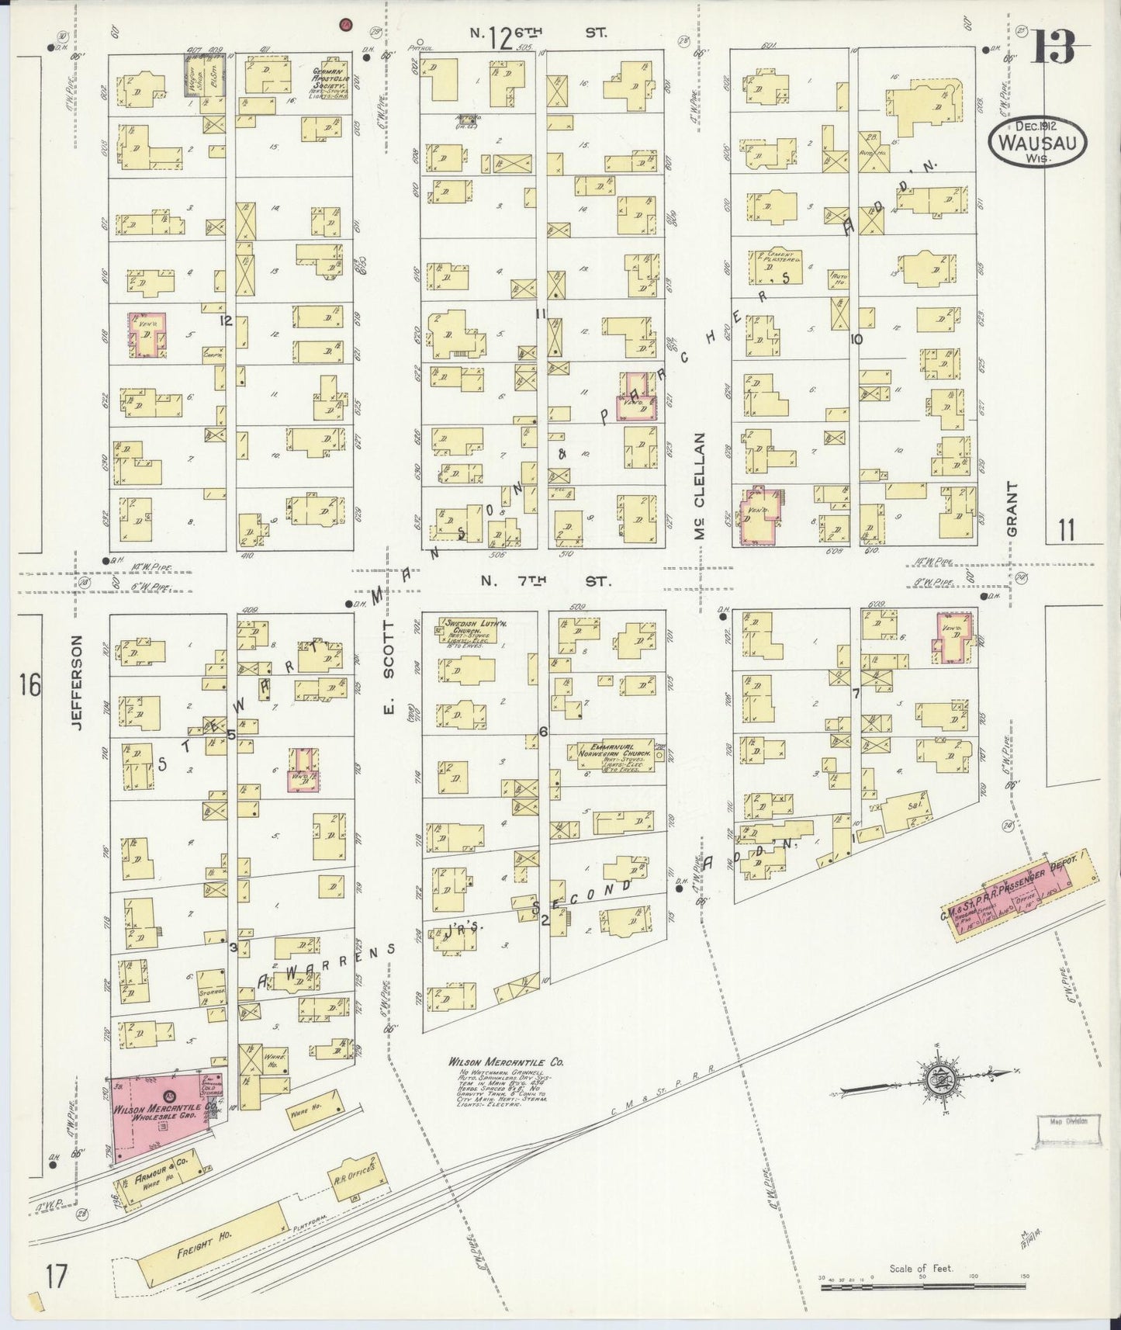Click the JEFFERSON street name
[75, 682]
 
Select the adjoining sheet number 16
[30, 685]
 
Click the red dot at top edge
[345, 25]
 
